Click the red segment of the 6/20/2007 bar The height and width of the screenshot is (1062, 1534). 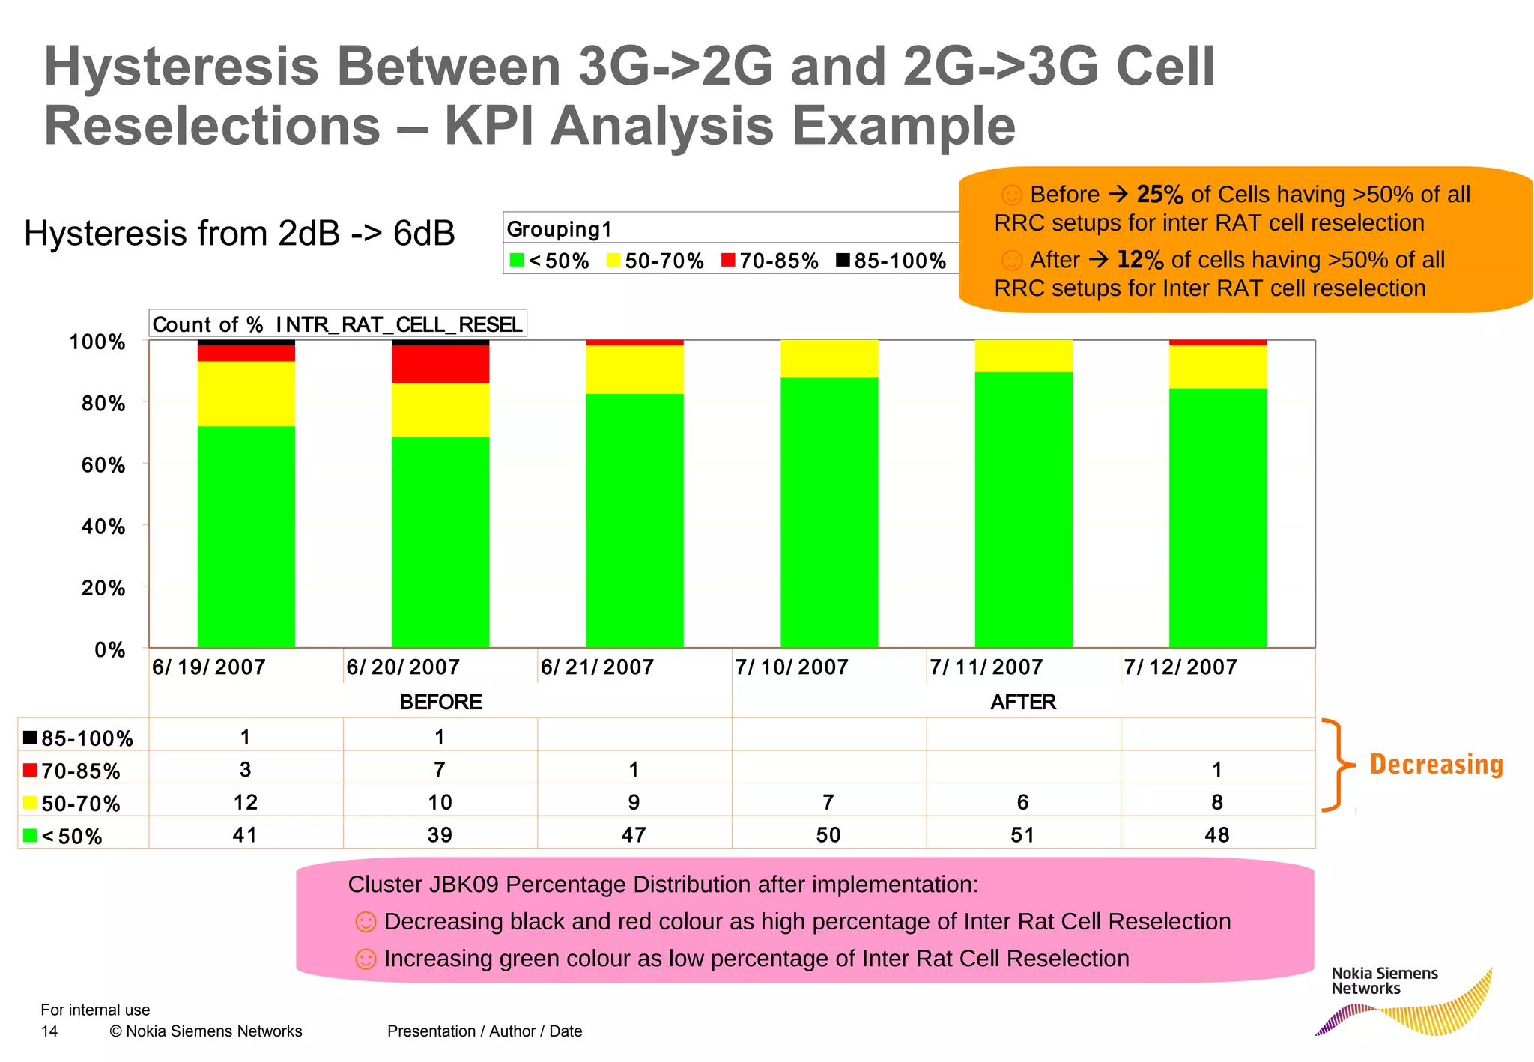440,364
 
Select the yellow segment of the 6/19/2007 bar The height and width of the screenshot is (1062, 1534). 246,393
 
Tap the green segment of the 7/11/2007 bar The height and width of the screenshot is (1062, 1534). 1023,509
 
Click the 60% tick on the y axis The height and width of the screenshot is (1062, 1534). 103,465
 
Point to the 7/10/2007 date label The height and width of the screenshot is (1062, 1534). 792,667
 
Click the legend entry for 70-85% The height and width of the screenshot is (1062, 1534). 771,261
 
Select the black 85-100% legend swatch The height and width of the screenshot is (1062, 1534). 843,260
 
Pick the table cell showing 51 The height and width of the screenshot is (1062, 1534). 1022,834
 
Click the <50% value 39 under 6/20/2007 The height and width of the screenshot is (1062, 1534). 440,834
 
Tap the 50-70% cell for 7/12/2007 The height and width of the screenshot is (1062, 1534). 1216,802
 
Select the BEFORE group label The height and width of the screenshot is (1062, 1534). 440,702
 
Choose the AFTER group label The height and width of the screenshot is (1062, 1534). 1023,702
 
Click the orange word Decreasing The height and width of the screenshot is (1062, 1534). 1436,765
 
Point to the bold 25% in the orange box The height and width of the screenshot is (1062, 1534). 1159,195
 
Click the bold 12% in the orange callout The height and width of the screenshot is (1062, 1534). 1139,260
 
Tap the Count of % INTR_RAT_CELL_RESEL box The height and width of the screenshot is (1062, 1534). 337,324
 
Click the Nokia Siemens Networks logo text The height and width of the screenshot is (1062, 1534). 1384,980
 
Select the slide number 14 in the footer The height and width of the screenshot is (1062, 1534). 49,1031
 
